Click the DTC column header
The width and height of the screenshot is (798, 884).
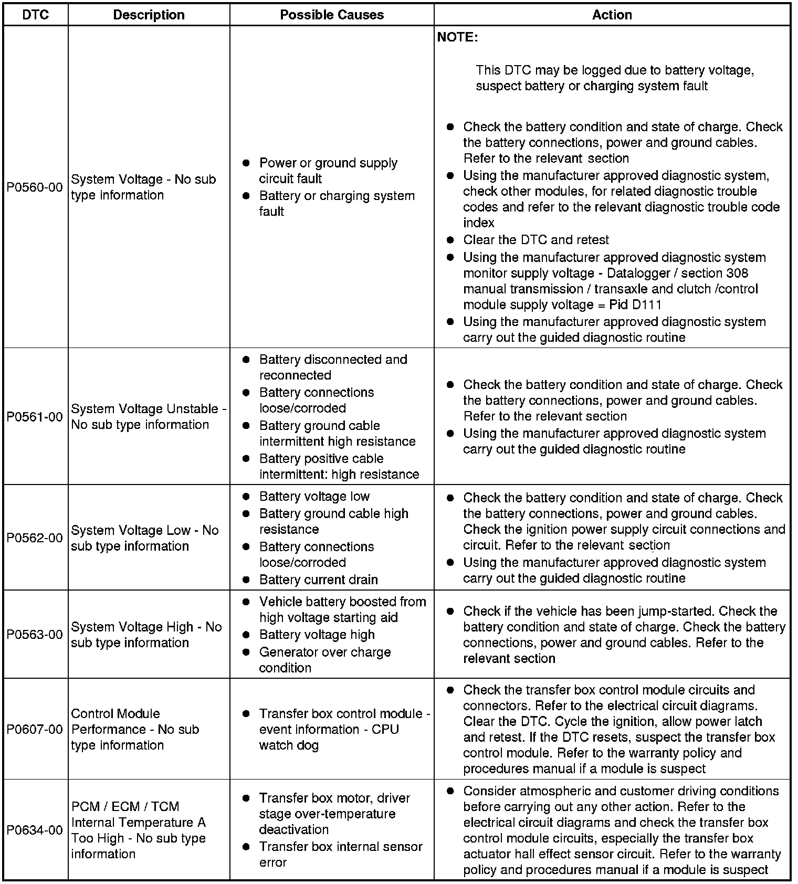point(36,15)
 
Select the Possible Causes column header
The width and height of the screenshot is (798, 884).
point(332,15)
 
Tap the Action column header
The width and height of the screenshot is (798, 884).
point(612,15)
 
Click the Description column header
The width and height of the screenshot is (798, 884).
point(149,15)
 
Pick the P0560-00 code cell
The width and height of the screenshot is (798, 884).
point(35,187)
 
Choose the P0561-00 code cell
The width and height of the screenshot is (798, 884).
point(35,417)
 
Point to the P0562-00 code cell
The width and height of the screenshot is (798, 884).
point(35,538)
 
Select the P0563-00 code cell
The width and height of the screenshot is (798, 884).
point(35,635)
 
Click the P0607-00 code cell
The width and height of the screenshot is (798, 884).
point(35,730)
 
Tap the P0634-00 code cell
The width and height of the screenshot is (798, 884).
point(35,830)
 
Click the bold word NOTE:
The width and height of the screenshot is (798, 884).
point(457,37)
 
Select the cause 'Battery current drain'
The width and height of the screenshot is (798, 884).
point(318,580)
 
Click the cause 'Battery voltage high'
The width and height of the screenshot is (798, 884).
point(317,635)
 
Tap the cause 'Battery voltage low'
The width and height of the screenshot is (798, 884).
point(314,497)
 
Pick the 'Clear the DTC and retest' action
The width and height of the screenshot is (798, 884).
point(535,240)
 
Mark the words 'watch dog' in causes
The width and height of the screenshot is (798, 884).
point(289,745)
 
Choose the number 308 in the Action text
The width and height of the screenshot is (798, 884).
point(737,273)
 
